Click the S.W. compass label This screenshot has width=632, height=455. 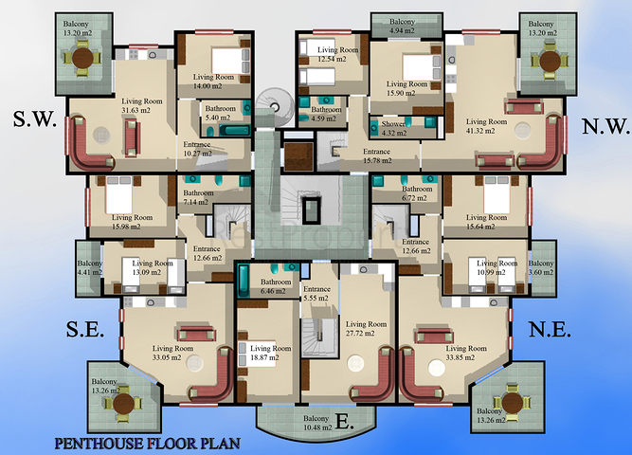click(x=35, y=119)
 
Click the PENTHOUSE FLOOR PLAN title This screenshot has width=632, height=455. click(x=147, y=443)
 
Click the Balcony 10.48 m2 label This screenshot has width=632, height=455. click(x=312, y=423)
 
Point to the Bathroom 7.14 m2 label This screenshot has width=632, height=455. click(x=201, y=198)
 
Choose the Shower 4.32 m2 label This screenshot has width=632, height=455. click(x=393, y=128)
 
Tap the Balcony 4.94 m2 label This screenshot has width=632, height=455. click(x=402, y=26)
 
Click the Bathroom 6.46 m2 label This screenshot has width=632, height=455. click(x=276, y=287)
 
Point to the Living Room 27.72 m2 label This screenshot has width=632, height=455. click(x=365, y=329)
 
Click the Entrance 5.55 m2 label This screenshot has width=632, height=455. click(x=316, y=294)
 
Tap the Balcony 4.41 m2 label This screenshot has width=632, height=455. click(x=90, y=268)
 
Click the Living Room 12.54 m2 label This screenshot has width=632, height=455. click(x=338, y=55)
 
